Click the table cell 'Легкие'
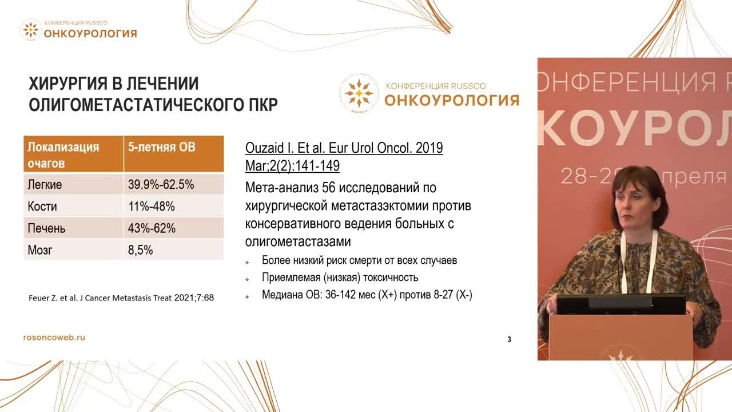45,185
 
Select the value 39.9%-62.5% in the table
161,185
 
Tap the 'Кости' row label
42,207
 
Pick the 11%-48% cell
152,207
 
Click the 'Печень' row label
47,228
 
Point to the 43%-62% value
152,228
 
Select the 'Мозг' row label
40,250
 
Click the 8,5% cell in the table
141,250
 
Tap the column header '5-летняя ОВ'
161,148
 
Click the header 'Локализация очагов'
63,154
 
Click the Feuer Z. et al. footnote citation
121,298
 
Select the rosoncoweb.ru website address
54,338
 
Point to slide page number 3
509,339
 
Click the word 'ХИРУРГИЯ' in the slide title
67,84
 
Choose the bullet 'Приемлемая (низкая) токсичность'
340,278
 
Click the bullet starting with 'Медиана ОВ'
367,295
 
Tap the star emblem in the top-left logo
30,30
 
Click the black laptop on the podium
621,304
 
